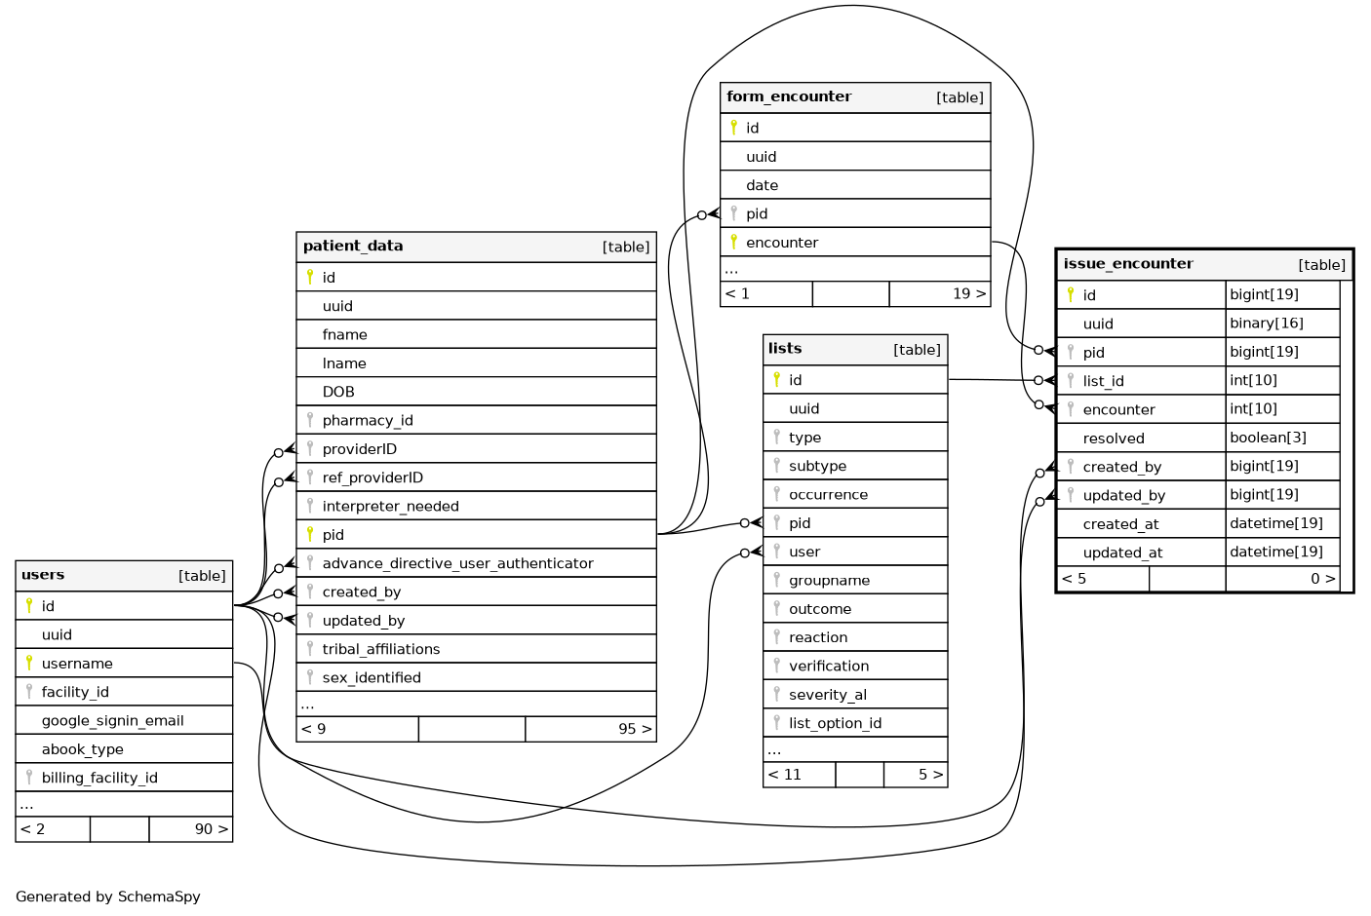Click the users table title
pos(43,575)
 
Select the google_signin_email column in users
pos(112,720)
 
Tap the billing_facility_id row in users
pos(98,778)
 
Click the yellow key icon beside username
pos(29,663)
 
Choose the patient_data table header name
pos(353,246)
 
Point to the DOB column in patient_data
pos(338,392)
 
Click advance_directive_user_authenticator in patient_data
pos(457,563)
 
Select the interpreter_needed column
pos(390,506)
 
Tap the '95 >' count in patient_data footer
pos(634,729)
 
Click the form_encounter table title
pos(789,96)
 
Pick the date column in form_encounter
pos(762,185)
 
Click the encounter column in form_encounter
pos(781,243)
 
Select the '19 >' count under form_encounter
pos(968,293)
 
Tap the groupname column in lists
pos(829,580)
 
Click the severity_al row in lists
pos(827,695)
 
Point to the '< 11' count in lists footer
pos(785,775)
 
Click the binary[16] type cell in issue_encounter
pos(1266,324)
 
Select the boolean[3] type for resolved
pos(1268,438)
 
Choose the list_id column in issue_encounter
pos(1103,381)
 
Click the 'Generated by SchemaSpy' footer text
pos(108,897)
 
